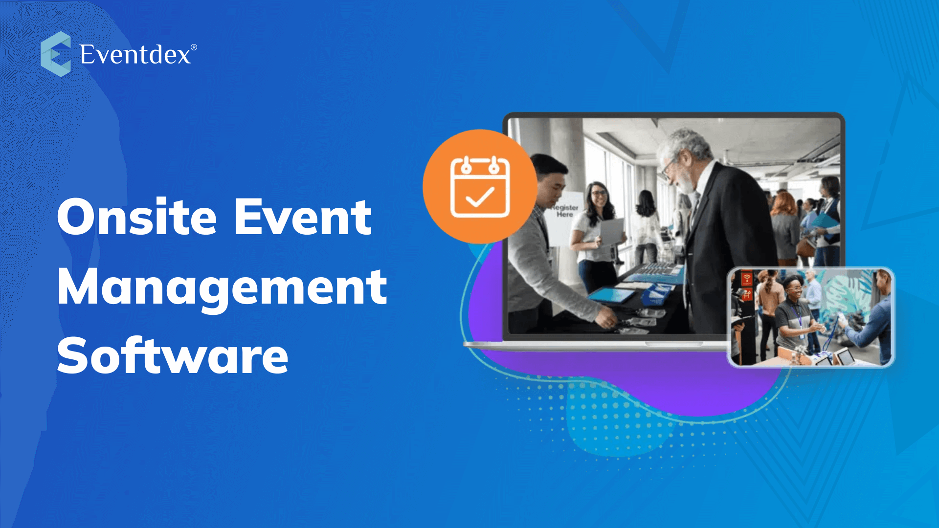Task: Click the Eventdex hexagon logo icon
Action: [55, 54]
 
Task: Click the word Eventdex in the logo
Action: [135, 54]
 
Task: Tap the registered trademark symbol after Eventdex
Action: [194, 47]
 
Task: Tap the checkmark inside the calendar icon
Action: [480, 197]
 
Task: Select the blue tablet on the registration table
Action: [611, 295]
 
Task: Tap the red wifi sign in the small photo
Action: [746, 279]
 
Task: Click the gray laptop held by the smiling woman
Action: [612, 232]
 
